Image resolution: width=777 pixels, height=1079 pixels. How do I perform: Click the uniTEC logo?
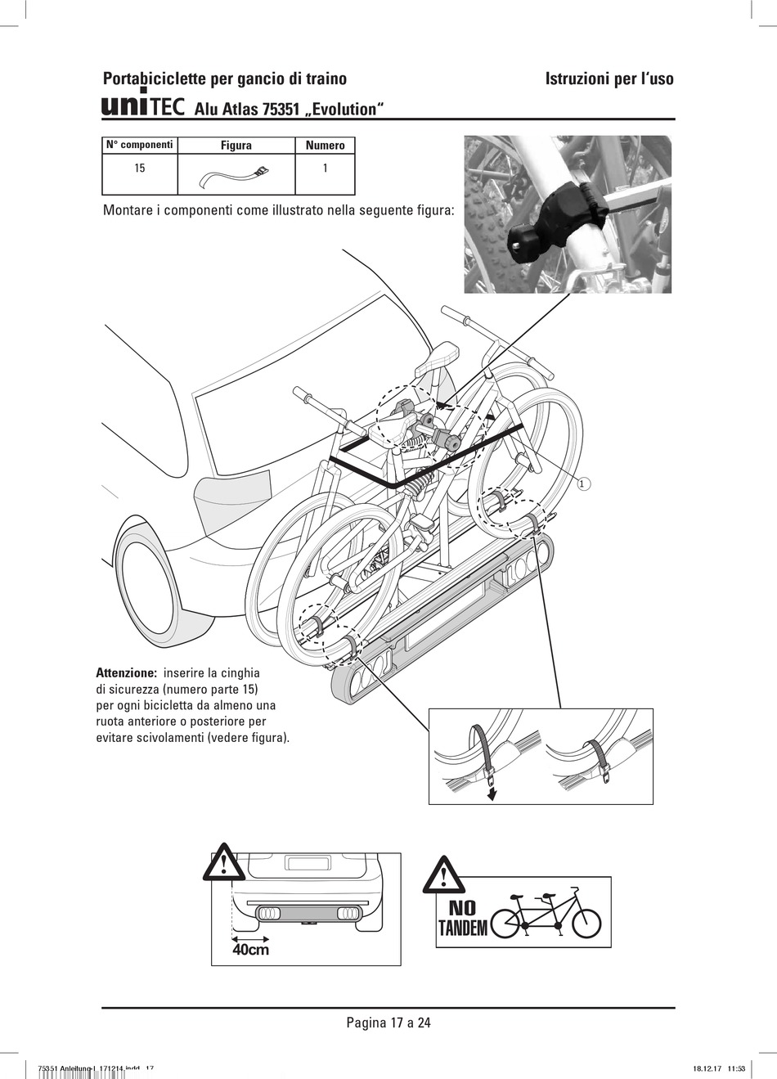click(143, 106)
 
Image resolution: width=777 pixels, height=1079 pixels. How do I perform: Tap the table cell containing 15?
click(140, 174)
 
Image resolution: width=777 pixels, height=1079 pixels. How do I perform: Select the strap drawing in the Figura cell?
click(234, 175)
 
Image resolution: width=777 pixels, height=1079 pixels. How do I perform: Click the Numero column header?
click(326, 145)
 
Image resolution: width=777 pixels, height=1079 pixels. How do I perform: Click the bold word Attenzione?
click(127, 672)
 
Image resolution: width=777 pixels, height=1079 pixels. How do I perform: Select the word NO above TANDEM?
click(462, 908)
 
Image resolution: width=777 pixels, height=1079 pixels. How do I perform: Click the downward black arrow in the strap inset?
click(491, 792)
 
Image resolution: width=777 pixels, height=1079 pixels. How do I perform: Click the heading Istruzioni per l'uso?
click(609, 79)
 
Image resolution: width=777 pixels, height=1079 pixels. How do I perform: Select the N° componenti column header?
click(140, 145)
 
